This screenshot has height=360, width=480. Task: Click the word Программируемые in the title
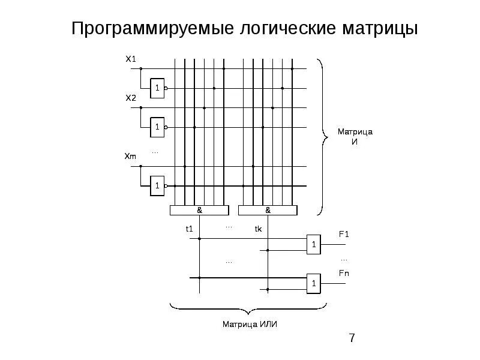pyautogui.click(x=137, y=29)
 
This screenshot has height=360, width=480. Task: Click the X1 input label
pyautogui.click(x=131, y=59)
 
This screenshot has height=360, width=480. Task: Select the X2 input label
pyautogui.click(x=131, y=97)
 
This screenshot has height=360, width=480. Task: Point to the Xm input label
pyautogui.click(x=131, y=157)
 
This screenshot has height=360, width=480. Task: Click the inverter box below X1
pyautogui.click(x=157, y=88)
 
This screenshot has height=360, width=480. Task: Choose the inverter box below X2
pyautogui.click(x=157, y=127)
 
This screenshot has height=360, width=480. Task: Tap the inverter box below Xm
pyautogui.click(x=157, y=186)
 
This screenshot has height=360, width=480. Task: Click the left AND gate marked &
pyautogui.click(x=199, y=211)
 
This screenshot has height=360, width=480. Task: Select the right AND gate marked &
pyautogui.click(x=268, y=211)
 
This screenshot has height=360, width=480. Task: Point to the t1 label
pyautogui.click(x=188, y=229)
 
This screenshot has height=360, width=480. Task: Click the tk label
pyautogui.click(x=258, y=229)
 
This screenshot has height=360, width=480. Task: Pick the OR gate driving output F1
pyautogui.click(x=313, y=244)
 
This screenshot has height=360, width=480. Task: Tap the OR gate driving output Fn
pyautogui.click(x=313, y=283)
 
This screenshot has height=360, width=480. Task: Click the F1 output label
pyautogui.click(x=343, y=235)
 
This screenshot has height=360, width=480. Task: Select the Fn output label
pyautogui.click(x=343, y=274)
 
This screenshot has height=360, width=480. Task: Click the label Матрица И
pyautogui.click(x=355, y=136)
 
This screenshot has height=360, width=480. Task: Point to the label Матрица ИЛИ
pyautogui.click(x=250, y=325)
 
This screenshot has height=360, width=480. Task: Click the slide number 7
pyautogui.click(x=352, y=339)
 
